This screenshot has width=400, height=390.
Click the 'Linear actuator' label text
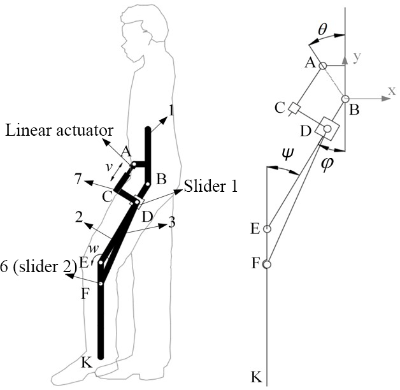coord(59,131)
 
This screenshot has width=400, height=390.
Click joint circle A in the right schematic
coord(323,66)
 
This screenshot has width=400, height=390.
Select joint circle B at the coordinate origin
coord(345,99)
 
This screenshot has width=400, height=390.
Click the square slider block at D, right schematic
coord(328,129)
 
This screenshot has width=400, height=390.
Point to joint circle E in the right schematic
coord(268,229)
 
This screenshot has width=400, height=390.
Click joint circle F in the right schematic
coord(268,264)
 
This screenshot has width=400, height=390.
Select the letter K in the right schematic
coord(256,377)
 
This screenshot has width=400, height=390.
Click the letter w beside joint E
coord(92,248)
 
